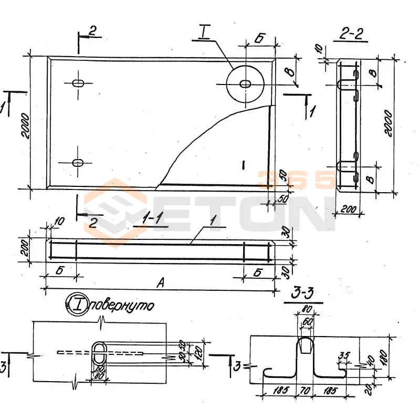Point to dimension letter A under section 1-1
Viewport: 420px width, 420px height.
[161, 283]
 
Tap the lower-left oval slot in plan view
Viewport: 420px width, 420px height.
[78, 163]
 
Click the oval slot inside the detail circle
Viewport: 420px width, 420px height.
[245, 83]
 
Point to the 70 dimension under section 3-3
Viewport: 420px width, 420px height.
[304, 391]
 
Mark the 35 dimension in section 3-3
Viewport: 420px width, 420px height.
[344, 355]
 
